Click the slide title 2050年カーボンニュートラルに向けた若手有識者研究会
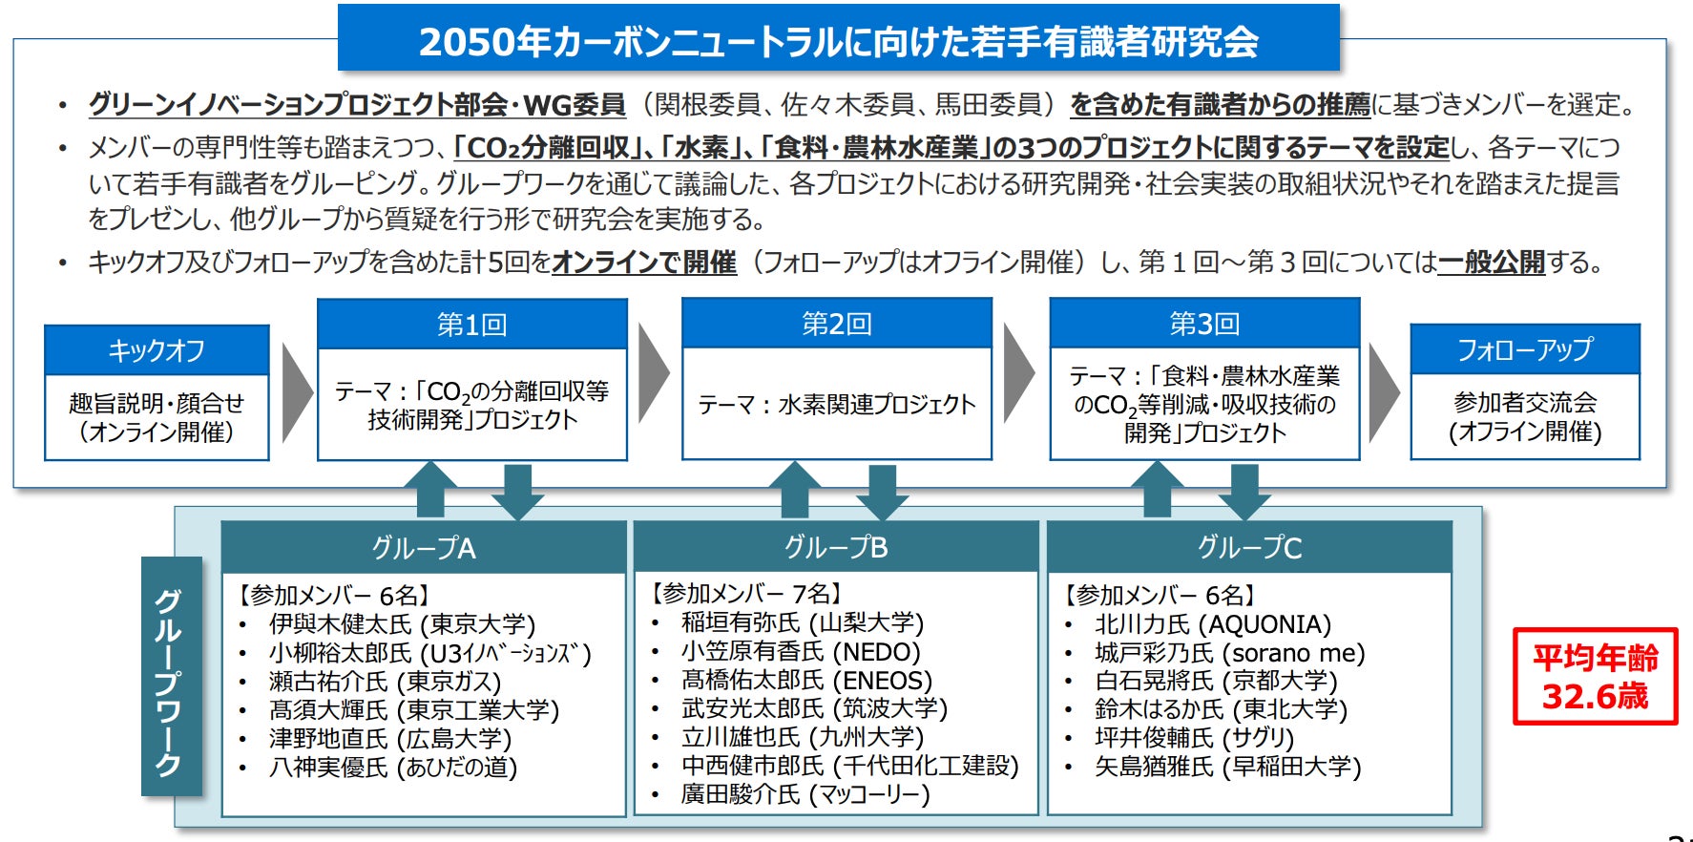(838, 40)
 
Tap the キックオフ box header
(157, 350)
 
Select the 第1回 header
(471, 325)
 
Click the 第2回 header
(837, 324)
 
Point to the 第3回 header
(1204, 324)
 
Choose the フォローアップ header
(1524, 349)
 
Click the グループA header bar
(424, 547)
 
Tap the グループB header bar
(836, 547)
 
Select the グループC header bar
(1249, 547)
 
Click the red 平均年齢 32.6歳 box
(1595, 676)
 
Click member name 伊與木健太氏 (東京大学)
(402, 624)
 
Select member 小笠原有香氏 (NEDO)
(801, 652)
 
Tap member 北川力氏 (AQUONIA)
(1213, 624)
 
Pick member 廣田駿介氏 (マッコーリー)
(805, 794)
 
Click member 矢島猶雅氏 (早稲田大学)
(1228, 767)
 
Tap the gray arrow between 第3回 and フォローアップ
(1383, 392)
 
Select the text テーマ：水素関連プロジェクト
(837, 405)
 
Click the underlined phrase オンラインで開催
(644, 262)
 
